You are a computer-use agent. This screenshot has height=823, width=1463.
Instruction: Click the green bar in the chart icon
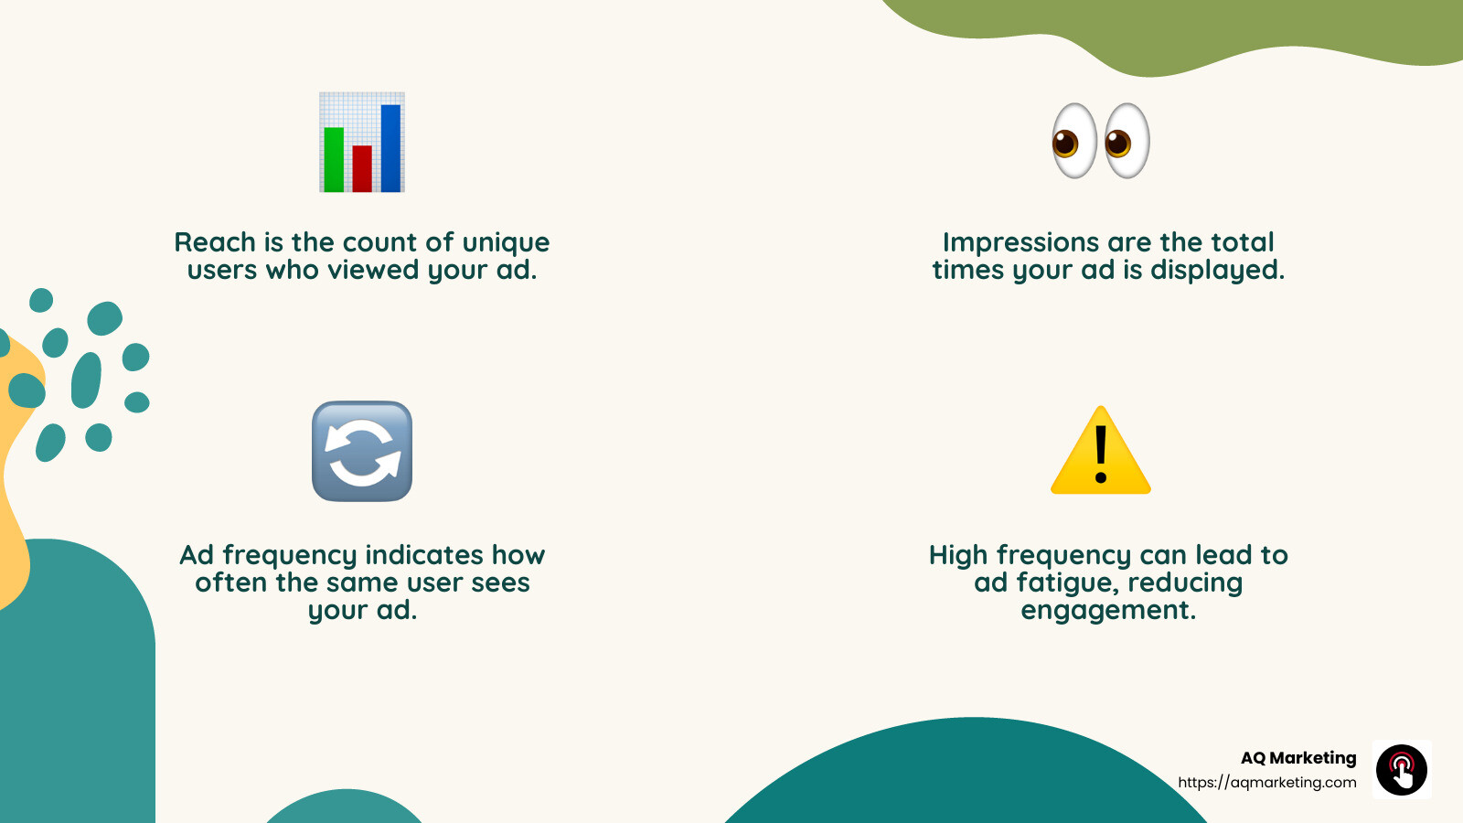pos(334,159)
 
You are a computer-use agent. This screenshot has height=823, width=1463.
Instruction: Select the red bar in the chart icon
pos(362,168)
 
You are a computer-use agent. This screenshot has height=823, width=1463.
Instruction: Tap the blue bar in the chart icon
pos(390,148)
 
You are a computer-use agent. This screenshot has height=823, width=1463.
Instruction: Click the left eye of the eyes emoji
pos(1074,141)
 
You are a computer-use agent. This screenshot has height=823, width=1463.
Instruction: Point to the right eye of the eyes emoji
pos(1127,141)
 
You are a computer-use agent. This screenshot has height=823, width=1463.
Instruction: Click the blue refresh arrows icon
pos(362,451)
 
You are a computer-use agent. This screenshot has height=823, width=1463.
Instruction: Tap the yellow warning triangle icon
pos(1101,453)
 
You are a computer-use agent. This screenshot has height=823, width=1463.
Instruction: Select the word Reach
pos(215,242)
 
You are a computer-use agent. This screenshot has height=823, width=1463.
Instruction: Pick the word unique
pos(506,242)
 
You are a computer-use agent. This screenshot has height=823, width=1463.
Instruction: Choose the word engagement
pos(1108,611)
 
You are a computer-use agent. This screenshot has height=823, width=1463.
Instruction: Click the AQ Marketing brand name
pos(1298,758)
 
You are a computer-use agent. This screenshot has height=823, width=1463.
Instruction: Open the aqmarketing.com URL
pos(1267,783)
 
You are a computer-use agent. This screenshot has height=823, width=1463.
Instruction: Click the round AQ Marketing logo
pos(1402,770)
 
